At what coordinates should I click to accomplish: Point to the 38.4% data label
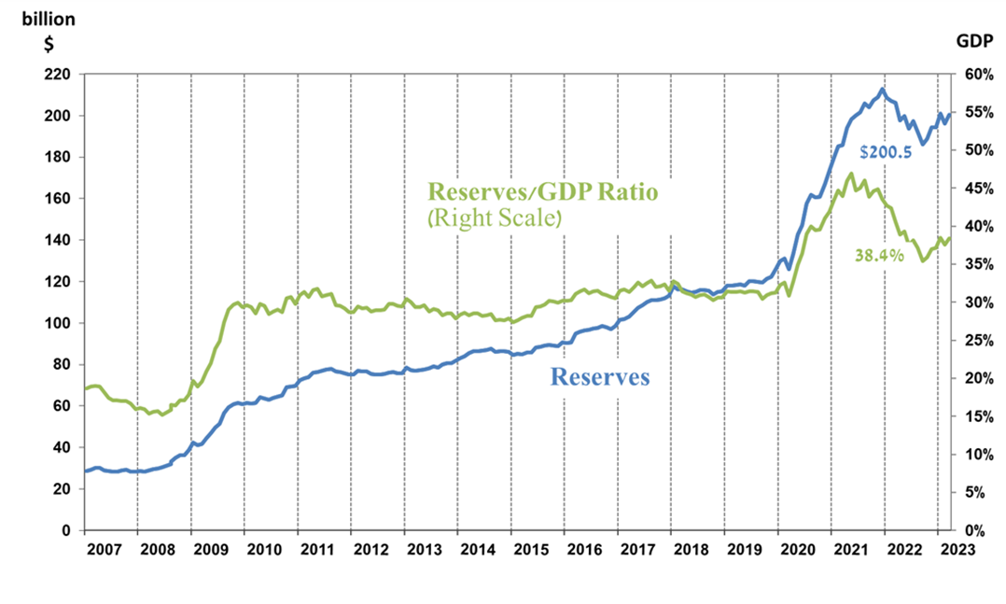879,255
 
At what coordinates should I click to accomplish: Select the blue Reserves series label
599,377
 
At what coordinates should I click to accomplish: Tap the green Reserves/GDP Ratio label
542,191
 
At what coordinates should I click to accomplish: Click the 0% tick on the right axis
970,530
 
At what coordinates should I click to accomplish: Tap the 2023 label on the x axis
956,548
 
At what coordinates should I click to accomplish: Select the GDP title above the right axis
974,40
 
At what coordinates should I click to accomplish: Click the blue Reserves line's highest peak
882,90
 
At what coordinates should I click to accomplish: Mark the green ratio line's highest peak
850,174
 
